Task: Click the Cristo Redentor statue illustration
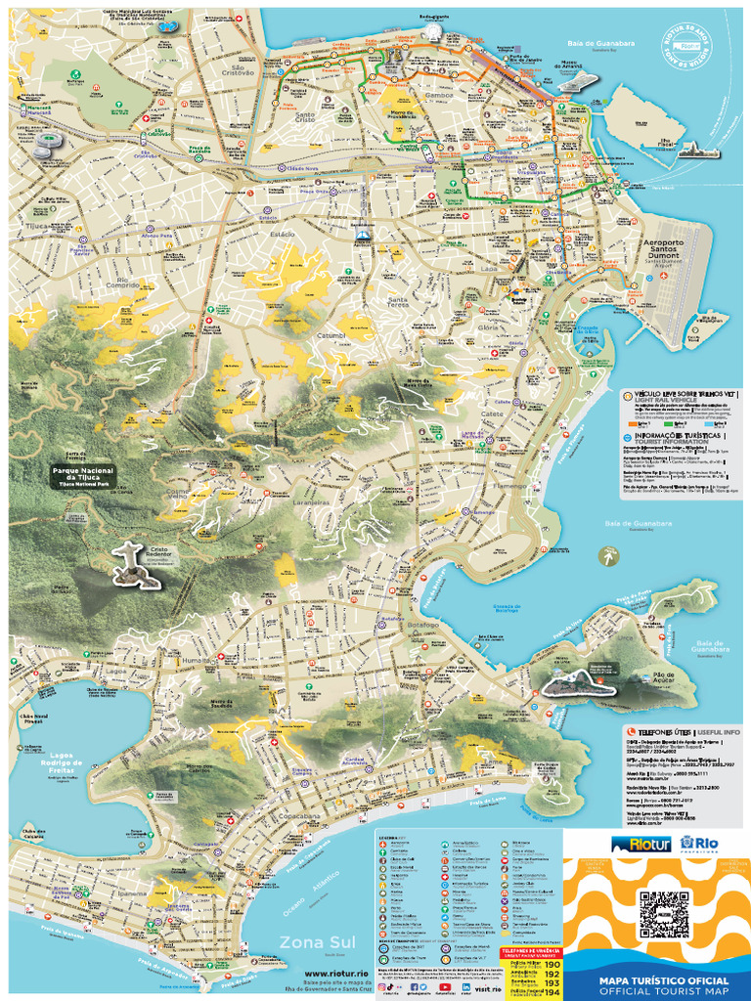pos(133,564)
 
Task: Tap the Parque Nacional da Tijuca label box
pos(83,476)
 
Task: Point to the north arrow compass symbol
pos(610,556)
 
